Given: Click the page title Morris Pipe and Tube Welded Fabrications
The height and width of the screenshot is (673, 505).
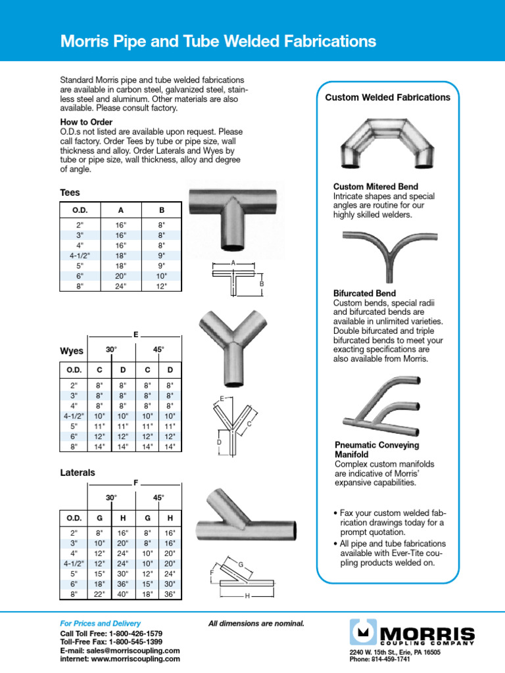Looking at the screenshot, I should point(218,42).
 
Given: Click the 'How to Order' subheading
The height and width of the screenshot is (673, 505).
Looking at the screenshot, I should point(86,122).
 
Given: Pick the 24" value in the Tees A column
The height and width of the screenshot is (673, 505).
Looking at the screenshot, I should point(120,286).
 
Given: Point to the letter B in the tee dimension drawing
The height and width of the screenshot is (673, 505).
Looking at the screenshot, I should point(261,283).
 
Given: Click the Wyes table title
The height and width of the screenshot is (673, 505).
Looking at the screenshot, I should point(72,351).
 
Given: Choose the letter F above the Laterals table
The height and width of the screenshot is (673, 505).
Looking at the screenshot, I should point(136,482).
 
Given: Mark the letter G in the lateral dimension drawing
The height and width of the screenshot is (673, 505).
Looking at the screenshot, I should point(241,565).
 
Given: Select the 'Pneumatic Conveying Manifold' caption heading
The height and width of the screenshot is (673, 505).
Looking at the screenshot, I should point(376,450).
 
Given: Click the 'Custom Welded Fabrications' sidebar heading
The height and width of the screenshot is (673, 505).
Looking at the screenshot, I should point(388,97).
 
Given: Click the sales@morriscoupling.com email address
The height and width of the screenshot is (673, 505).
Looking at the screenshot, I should point(135,650).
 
